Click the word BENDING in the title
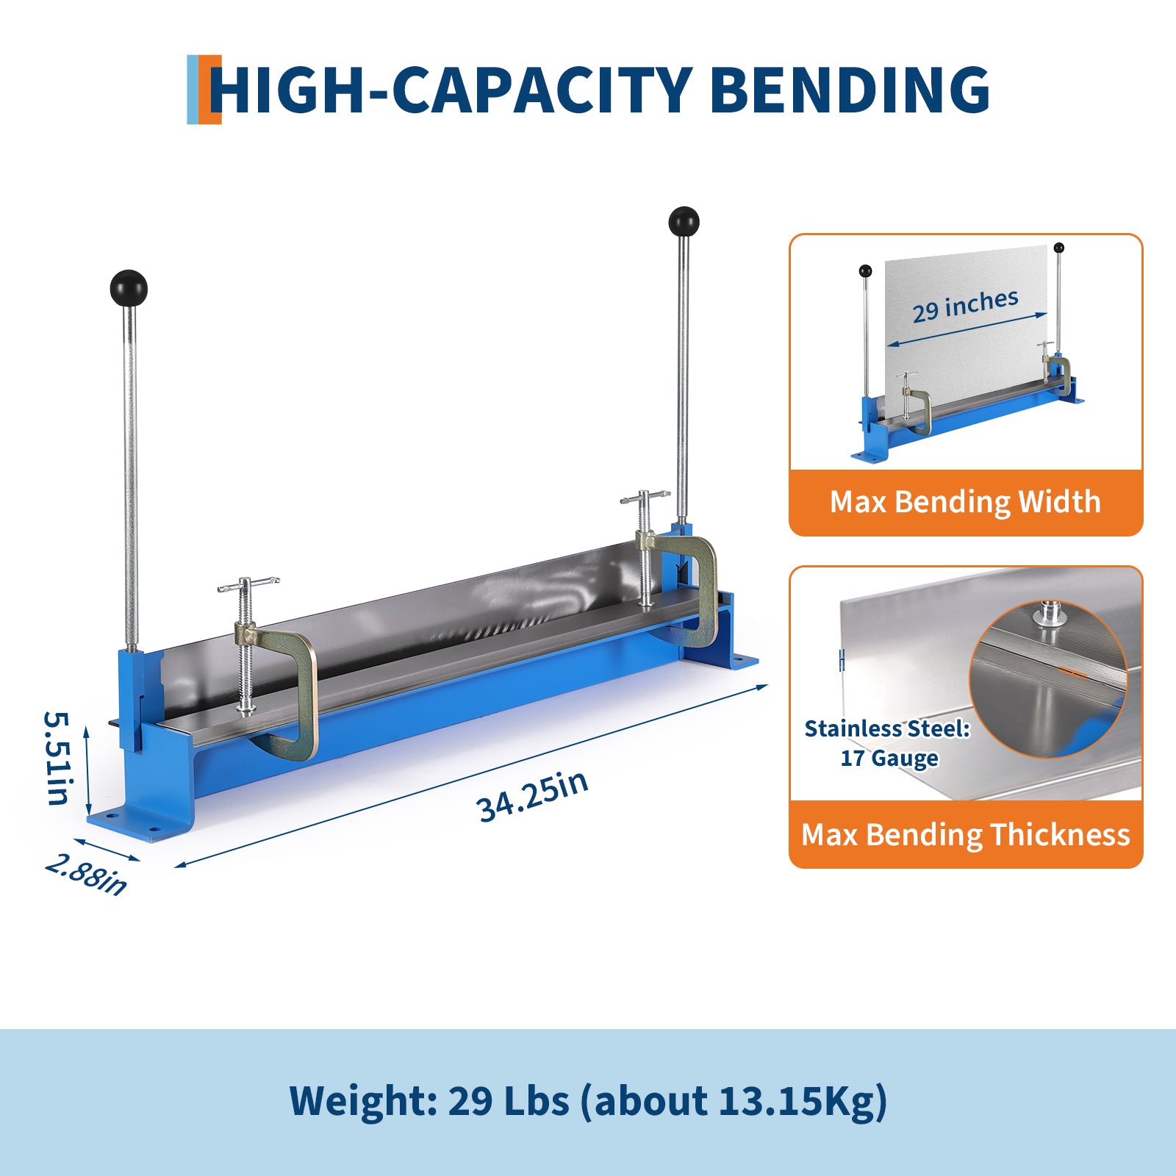coord(850,90)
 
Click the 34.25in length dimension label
coord(533,796)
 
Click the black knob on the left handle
coord(129,288)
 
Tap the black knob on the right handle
coord(684,221)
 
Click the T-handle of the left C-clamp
coord(248,584)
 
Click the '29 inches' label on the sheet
coord(965,306)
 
